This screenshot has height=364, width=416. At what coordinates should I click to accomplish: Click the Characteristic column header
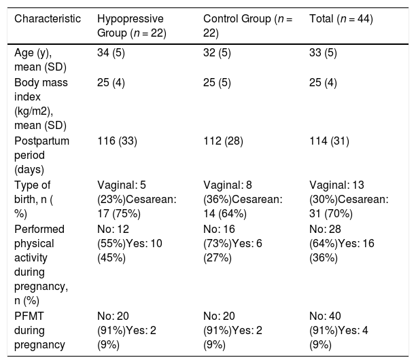point(48,19)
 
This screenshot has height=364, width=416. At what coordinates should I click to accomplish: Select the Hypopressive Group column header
point(132,26)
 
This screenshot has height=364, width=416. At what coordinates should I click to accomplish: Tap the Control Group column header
point(248,26)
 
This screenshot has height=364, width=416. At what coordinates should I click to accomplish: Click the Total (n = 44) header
point(341,19)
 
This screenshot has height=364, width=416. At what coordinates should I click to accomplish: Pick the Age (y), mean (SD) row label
point(40,60)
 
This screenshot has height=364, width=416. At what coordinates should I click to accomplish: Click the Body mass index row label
point(41,104)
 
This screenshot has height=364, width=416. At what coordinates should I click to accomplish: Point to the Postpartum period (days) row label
point(41,155)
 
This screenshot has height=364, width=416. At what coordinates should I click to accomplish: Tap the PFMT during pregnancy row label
point(39,330)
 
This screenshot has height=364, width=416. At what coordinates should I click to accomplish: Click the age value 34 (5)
point(111,53)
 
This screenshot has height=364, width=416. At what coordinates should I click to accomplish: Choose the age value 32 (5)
point(217,53)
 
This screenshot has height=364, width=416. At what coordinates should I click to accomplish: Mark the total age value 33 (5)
point(323,53)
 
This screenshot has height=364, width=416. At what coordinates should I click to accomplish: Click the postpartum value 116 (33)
point(118,141)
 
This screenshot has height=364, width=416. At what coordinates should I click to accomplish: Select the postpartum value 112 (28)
point(223,141)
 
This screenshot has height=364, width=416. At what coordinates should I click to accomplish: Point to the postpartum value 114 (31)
point(329,141)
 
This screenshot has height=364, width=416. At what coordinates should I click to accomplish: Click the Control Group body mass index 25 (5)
point(217,83)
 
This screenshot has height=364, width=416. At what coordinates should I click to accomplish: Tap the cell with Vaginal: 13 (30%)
point(349,200)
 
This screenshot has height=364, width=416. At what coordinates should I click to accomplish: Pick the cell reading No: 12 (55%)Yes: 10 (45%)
point(130,243)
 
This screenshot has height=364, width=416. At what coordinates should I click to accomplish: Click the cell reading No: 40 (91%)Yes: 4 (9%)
point(339,330)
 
